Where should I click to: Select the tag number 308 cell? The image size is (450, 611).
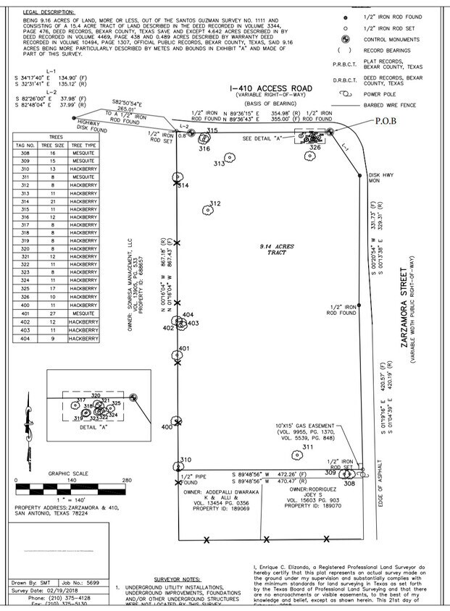click(26, 153)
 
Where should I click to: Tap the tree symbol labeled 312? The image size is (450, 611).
click(207, 210)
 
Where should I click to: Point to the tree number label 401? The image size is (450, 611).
click(184, 349)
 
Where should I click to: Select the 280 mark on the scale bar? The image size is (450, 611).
click(126, 480)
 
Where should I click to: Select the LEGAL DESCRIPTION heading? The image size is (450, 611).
click(49, 12)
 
